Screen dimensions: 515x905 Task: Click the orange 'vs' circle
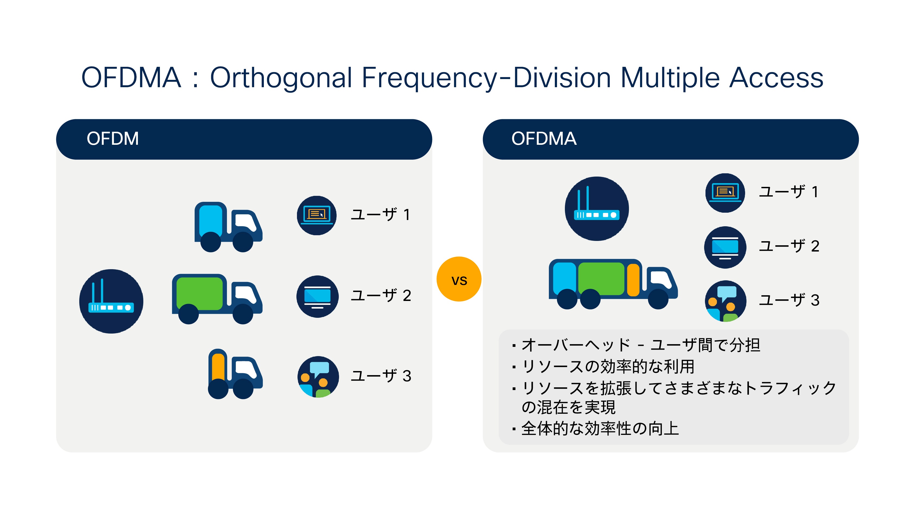(x=459, y=279)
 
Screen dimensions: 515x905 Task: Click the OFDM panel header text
(x=112, y=139)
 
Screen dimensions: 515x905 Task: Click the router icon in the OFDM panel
(x=111, y=301)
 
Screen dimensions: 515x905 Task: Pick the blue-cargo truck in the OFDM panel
(x=228, y=226)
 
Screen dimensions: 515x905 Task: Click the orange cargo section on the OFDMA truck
(x=633, y=280)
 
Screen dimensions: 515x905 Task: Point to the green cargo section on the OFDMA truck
(x=601, y=279)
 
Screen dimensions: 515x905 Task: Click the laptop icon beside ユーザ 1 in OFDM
(x=316, y=215)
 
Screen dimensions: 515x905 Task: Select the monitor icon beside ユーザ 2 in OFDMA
(x=725, y=247)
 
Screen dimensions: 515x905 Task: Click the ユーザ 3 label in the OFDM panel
(x=381, y=376)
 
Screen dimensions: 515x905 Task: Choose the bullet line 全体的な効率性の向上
(x=599, y=429)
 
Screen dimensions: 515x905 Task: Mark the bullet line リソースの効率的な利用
(x=607, y=366)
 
